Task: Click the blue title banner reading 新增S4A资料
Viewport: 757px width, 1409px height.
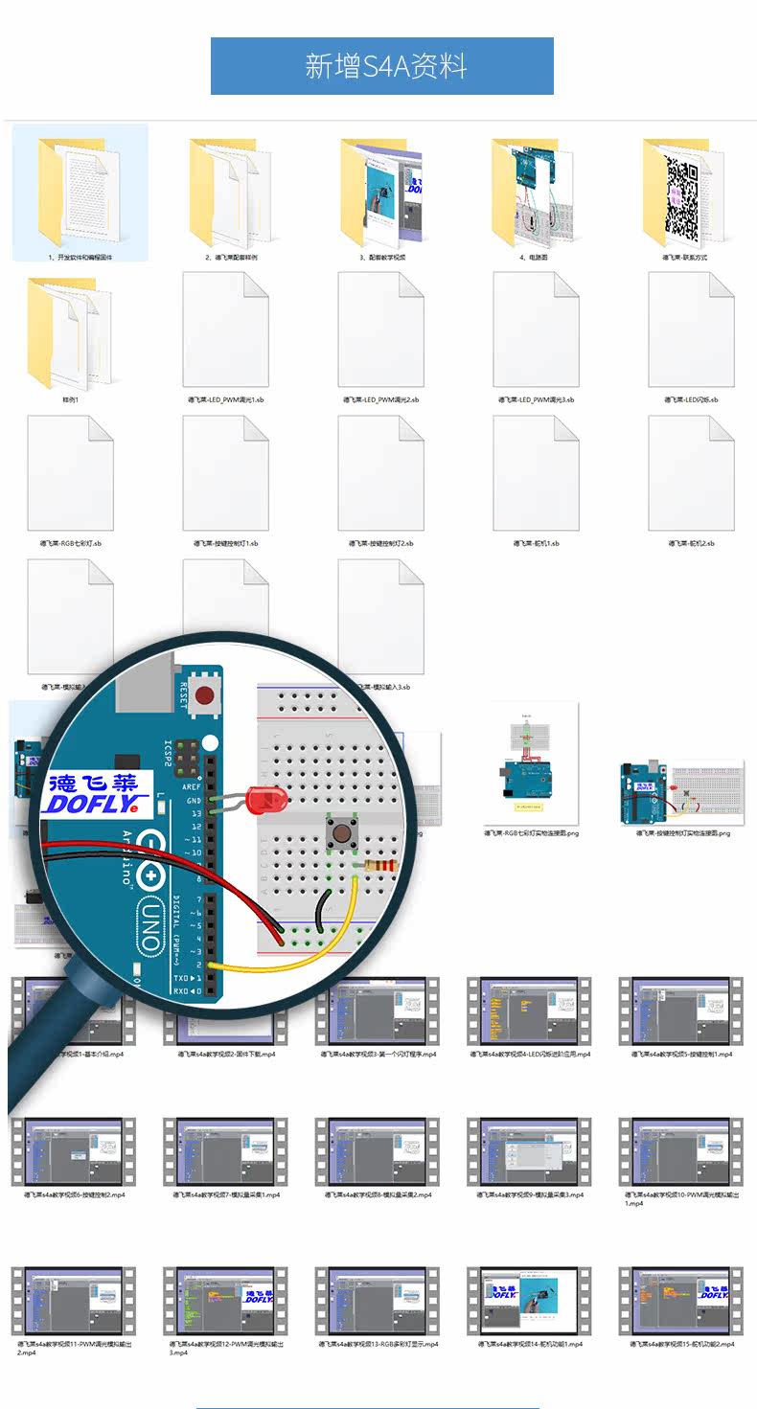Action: click(x=382, y=66)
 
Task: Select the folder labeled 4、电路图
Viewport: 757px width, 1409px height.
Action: click(x=532, y=193)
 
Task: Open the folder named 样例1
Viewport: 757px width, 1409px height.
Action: click(x=69, y=330)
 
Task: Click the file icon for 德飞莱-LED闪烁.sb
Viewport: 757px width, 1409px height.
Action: click(x=691, y=330)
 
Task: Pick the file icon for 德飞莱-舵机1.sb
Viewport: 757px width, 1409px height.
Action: click(x=536, y=473)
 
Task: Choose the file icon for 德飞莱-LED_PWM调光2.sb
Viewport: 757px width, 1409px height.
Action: click(x=380, y=330)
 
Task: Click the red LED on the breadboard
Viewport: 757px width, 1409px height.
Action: click(x=261, y=797)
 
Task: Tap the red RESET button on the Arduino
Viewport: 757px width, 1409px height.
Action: click(x=202, y=696)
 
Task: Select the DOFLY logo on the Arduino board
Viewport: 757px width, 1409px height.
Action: click(x=96, y=793)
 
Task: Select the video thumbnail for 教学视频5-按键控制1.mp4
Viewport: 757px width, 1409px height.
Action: click(x=681, y=1011)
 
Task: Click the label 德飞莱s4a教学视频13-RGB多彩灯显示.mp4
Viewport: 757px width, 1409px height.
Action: click(x=378, y=1344)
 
